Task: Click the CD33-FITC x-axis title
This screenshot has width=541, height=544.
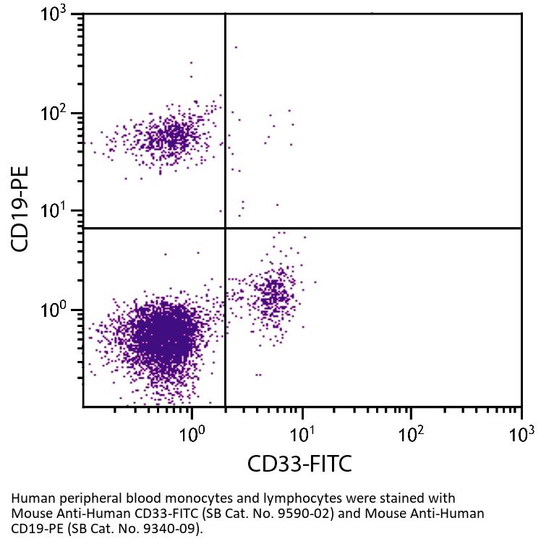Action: (x=299, y=463)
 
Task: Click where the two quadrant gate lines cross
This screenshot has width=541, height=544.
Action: (x=226, y=228)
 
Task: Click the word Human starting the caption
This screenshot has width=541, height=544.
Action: (x=30, y=498)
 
